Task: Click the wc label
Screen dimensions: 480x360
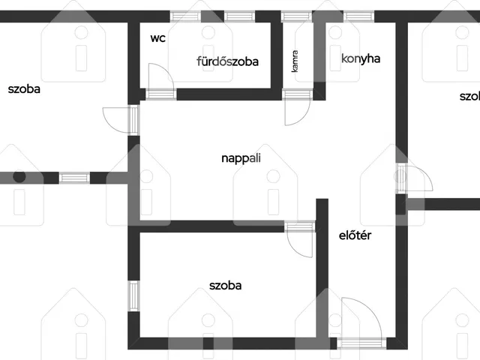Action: click(x=158, y=38)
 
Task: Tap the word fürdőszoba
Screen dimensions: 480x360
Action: click(x=227, y=61)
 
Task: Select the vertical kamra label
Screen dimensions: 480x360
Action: click(x=295, y=61)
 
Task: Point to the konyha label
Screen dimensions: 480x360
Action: click(x=361, y=58)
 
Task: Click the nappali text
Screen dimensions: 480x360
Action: click(x=241, y=158)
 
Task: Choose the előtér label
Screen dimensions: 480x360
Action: click(x=355, y=235)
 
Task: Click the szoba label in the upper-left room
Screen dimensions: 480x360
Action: click(x=24, y=89)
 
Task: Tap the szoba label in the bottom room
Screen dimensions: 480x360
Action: click(x=225, y=286)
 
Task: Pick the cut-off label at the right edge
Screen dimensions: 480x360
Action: click(x=469, y=97)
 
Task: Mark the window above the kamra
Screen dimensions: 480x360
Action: click(x=296, y=16)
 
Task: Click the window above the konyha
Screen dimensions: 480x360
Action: click(x=358, y=16)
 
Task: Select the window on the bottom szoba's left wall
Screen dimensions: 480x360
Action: click(x=133, y=296)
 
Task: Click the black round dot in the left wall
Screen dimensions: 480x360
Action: click(x=19, y=177)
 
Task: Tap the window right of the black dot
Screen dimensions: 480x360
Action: click(x=74, y=178)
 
